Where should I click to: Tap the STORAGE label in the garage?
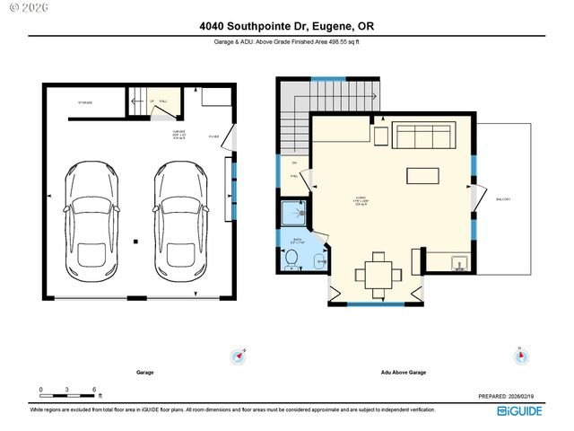pyautogui.click(x=84, y=102)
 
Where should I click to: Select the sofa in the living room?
pyautogui.click(x=422, y=137)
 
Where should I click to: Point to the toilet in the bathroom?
pyautogui.click(x=291, y=259)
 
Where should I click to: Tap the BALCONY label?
pyautogui.click(x=504, y=199)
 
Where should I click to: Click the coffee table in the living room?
pyautogui.click(x=422, y=175)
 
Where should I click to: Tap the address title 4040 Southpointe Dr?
pyautogui.click(x=286, y=27)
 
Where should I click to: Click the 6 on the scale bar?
pyautogui.click(x=94, y=390)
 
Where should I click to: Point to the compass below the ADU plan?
pyautogui.click(x=521, y=356)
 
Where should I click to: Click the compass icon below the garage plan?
pyautogui.click(x=239, y=356)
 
